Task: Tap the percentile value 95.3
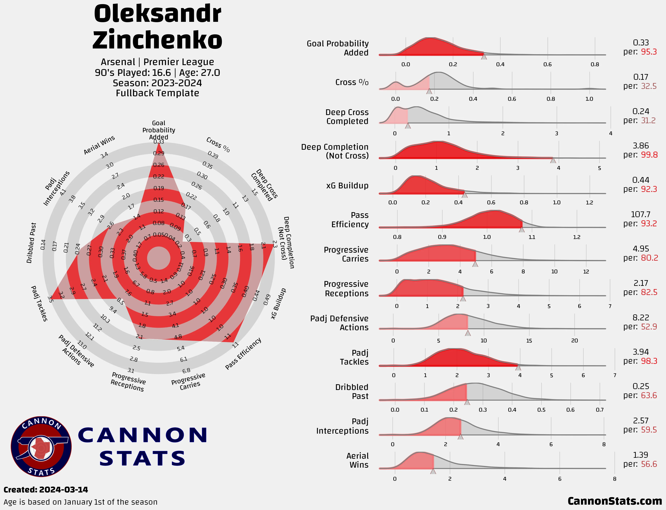coord(649,52)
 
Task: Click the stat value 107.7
coord(640,215)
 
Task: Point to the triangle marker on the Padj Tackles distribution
coord(518,368)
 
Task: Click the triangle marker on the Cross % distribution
coord(429,91)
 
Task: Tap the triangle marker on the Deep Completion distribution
coord(553,160)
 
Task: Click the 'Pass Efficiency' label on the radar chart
coord(243,354)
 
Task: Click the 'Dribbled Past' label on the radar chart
coord(31,243)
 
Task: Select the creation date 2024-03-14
coord(64,490)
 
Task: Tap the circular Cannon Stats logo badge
coord(41,446)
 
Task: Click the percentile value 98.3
coord(649,361)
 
